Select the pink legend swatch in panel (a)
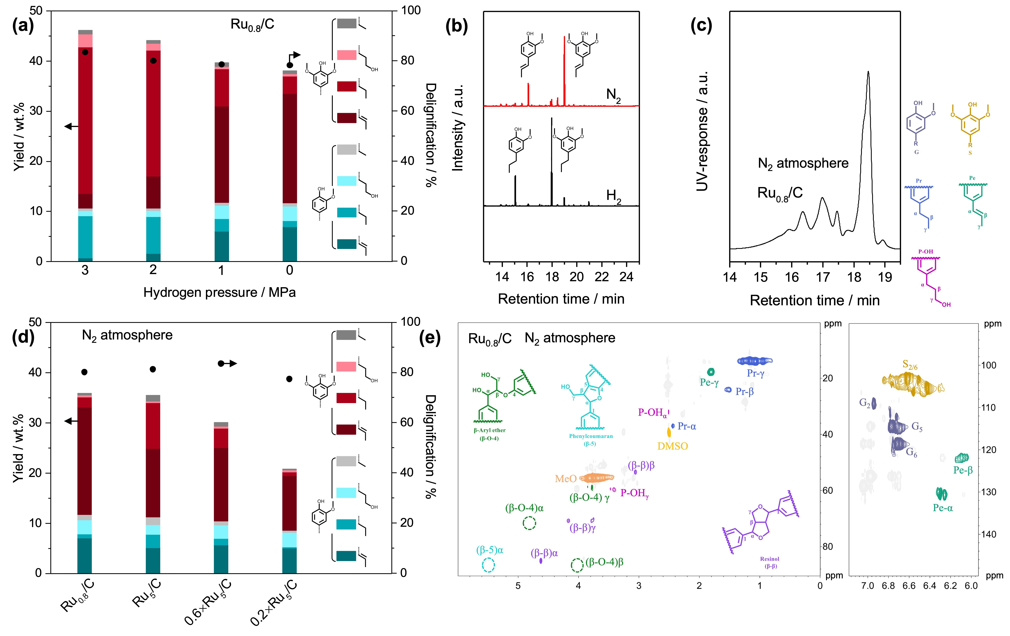346,55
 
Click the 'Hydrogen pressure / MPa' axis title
219,292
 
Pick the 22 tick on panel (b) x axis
601,277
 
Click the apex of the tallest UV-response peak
868,72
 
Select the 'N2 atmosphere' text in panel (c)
803,163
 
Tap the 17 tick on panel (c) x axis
823,277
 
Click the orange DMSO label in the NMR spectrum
672,446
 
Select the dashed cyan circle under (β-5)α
488,565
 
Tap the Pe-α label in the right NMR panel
942,508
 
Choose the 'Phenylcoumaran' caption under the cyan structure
591,436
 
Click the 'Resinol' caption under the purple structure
769,559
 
